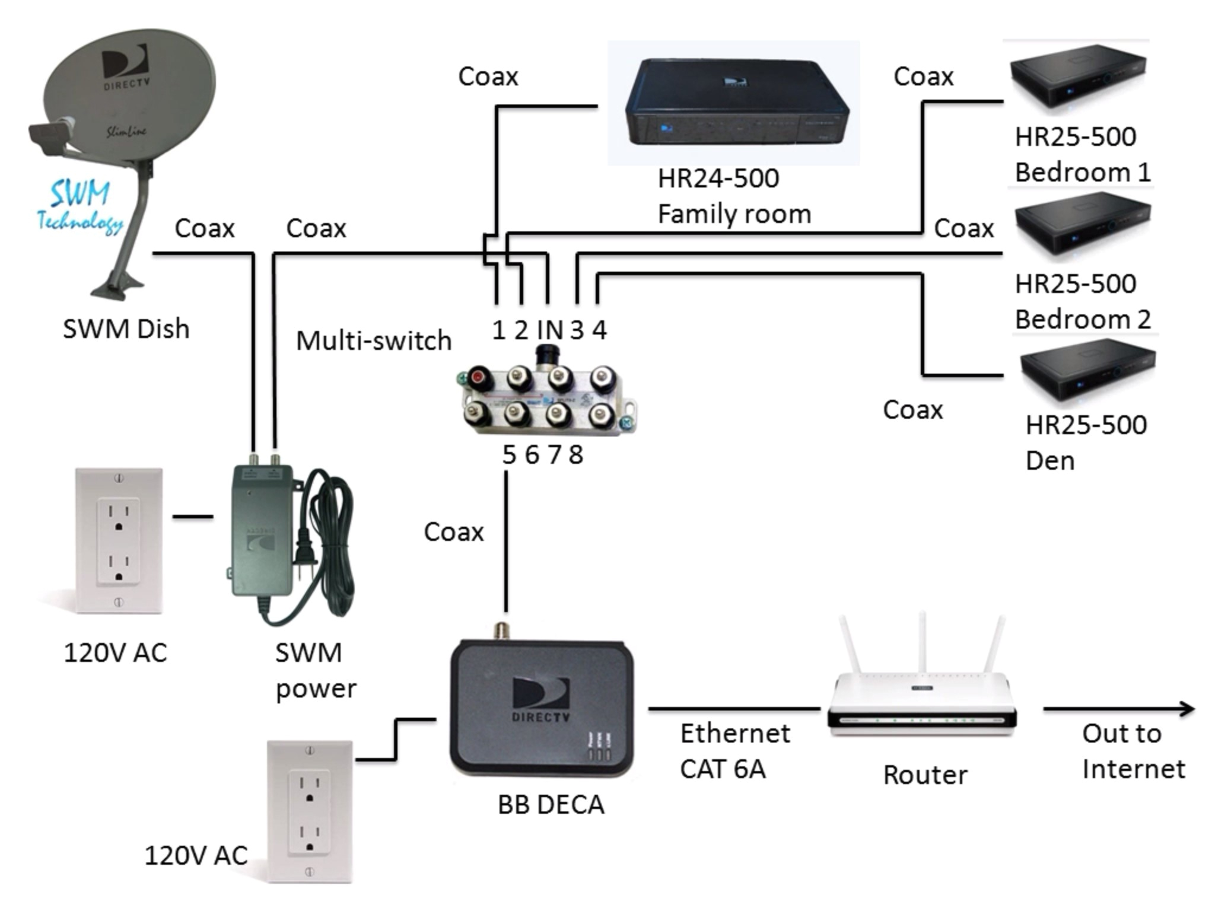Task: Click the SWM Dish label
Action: coord(126,329)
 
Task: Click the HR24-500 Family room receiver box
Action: coord(736,104)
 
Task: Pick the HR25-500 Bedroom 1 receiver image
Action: coord(1077,77)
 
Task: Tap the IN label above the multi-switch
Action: coord(549,330)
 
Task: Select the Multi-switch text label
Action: coord(374,341)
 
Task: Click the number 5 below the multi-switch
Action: coord(509,455)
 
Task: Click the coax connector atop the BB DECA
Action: coord(502,630)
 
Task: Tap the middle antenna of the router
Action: coord(923,644)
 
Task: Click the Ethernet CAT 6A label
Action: coord(734,751)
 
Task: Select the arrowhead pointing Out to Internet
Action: coord(1187,708)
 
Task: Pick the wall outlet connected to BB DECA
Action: coord(310,811)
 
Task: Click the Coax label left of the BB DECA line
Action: coord(454,532)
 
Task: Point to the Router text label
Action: coord(924,775)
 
